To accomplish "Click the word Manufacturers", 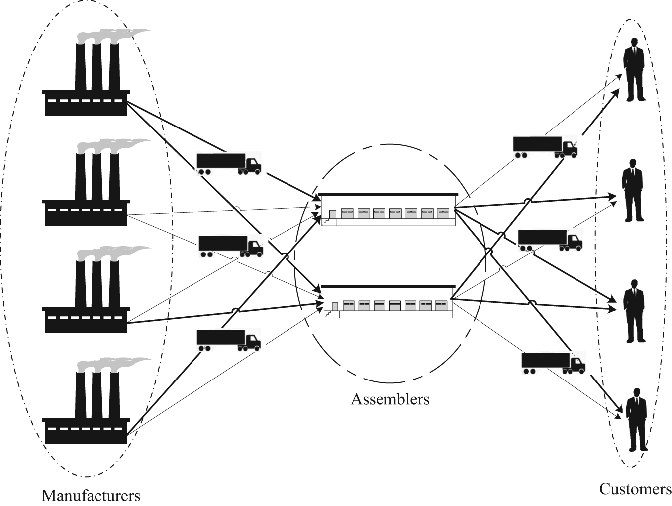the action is pyautogui.click(x=91, y=495).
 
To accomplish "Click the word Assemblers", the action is pyautogui.click(x=390, y=399).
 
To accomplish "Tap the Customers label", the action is pyautogui.click(x=635, y=489).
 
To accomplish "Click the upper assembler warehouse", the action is pyautogui.click(x=388, y=209).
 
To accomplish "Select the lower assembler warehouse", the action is pyautogui.click(x=387, y=302).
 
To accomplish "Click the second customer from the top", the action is pyautogui.click(x=633, y=190).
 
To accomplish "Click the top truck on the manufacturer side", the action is pyautogui.click(x=229, y=164).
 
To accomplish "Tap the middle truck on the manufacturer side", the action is pyautogui.click(x=231, y=246).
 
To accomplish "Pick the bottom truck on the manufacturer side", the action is pyautogui.click(x=229, y=340).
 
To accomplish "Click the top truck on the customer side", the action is pyautogui.click(x=545, y=147).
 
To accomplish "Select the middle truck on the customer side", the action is pyautogui.click(x=550, y=241).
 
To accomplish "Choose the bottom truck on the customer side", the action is pyautogui.click(x=554, y=363).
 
